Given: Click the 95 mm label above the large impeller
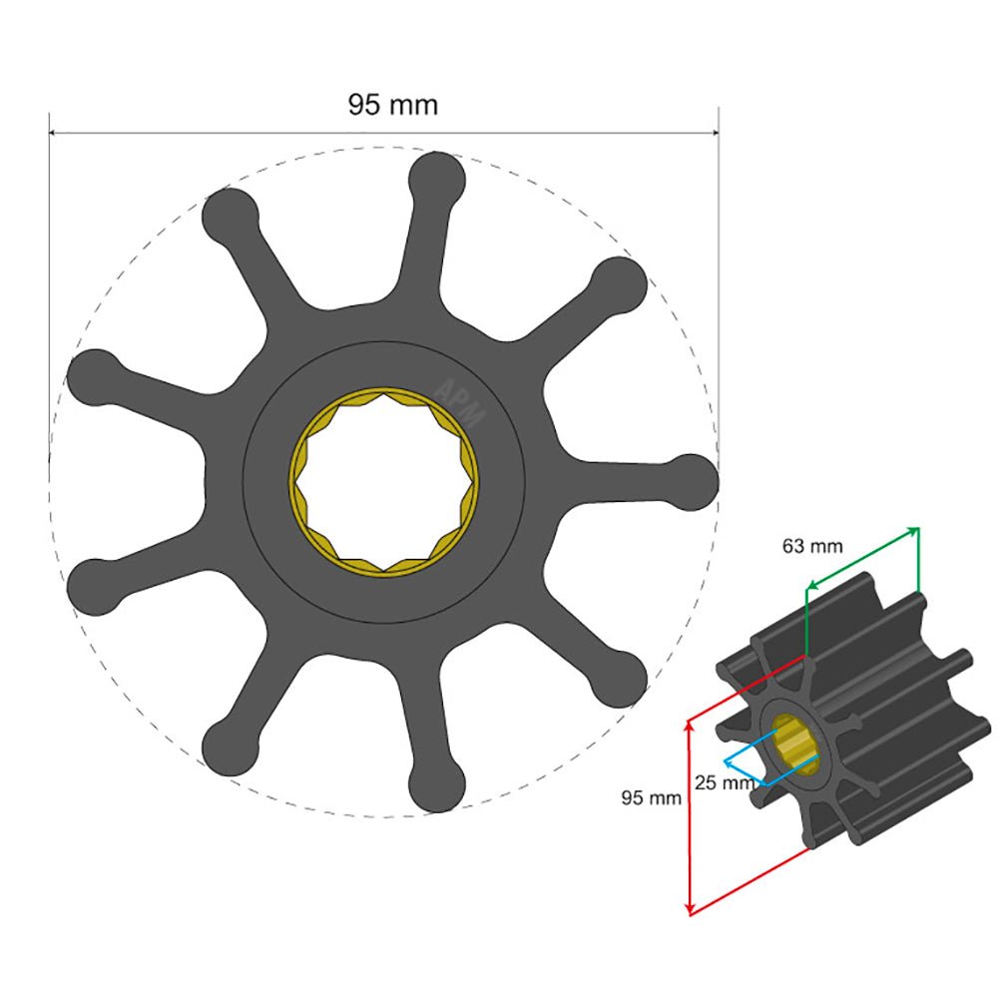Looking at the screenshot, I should tap(392, 105).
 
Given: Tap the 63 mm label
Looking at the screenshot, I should tap(811, 546).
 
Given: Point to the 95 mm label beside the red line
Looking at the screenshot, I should tap(651, 797).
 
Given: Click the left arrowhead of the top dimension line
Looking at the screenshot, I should tap(53, 132).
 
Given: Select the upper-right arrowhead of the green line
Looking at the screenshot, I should tap(916, 531).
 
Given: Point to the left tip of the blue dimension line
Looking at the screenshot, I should tap(726, 762).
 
